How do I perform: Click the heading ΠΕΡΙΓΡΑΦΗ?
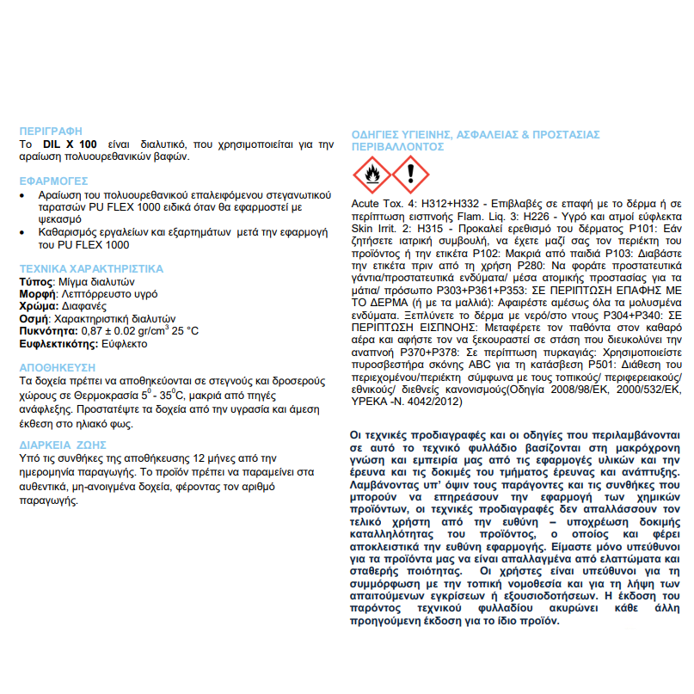(50, 130)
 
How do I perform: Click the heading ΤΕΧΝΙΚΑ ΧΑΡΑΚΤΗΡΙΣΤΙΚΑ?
(91, 269)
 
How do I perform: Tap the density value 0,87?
(92, 331)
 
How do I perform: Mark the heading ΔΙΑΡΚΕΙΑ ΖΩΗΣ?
(63, 445)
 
